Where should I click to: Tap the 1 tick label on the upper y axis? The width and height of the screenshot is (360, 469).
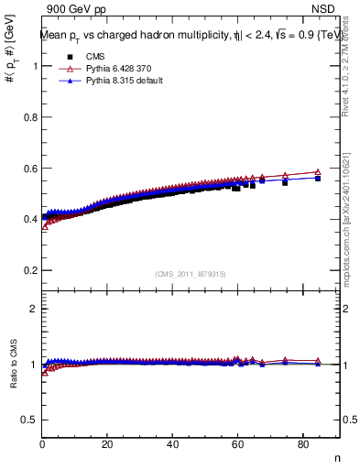point(34,66)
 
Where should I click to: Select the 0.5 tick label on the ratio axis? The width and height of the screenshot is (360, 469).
point(29,420)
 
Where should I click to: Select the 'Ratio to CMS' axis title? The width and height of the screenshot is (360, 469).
point(13,364)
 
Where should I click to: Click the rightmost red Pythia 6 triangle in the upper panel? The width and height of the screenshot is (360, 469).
point(318,171)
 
